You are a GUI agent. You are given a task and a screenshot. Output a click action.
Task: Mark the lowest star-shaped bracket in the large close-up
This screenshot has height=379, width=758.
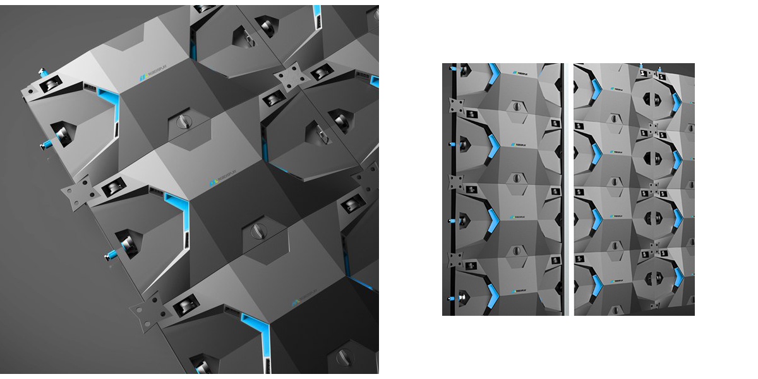[144, 314]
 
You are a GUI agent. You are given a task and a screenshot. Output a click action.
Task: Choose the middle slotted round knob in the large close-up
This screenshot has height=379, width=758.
[258, 229]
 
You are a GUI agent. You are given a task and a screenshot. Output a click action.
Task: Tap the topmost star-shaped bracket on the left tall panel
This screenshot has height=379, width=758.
[455, 105]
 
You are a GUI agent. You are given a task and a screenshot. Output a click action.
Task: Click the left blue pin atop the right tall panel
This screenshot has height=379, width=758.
[642, 66]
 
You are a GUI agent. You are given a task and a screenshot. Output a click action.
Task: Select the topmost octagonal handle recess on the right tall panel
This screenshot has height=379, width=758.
[650, 101]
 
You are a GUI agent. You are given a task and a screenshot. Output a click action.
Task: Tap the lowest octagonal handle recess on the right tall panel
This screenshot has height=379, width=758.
[650, 277]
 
